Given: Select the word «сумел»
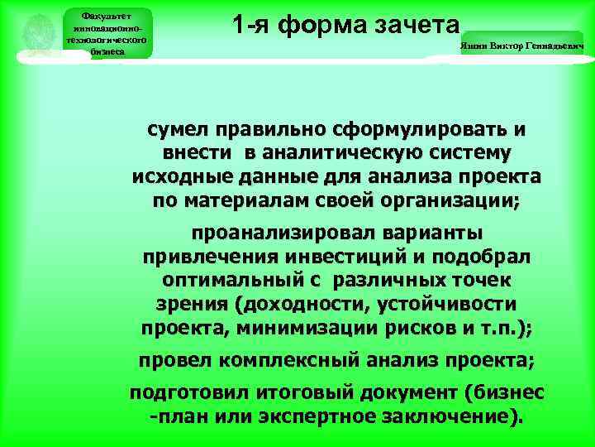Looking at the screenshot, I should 178,131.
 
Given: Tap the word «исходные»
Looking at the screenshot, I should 173,177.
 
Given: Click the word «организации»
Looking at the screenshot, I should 451,200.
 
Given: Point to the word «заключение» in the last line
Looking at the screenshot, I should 450,416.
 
